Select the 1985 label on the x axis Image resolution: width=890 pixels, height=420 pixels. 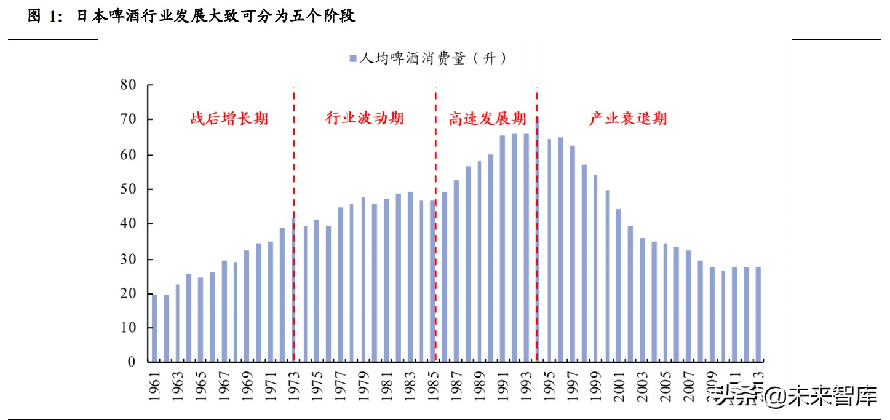click(x=433, y=387)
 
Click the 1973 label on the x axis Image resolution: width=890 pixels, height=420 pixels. click(x=293, y=387)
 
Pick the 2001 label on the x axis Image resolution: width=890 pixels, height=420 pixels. click(x=619, y=387)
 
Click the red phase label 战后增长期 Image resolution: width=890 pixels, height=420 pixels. click(x=229, y=119)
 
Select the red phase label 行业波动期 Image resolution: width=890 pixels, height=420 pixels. click(x=364, y=118)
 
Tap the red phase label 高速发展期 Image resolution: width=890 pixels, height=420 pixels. click(x=487, y=119)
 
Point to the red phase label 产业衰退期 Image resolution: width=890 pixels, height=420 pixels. click(x=627, y=118)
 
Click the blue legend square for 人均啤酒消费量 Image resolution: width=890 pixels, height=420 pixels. click(x=353, y=59)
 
